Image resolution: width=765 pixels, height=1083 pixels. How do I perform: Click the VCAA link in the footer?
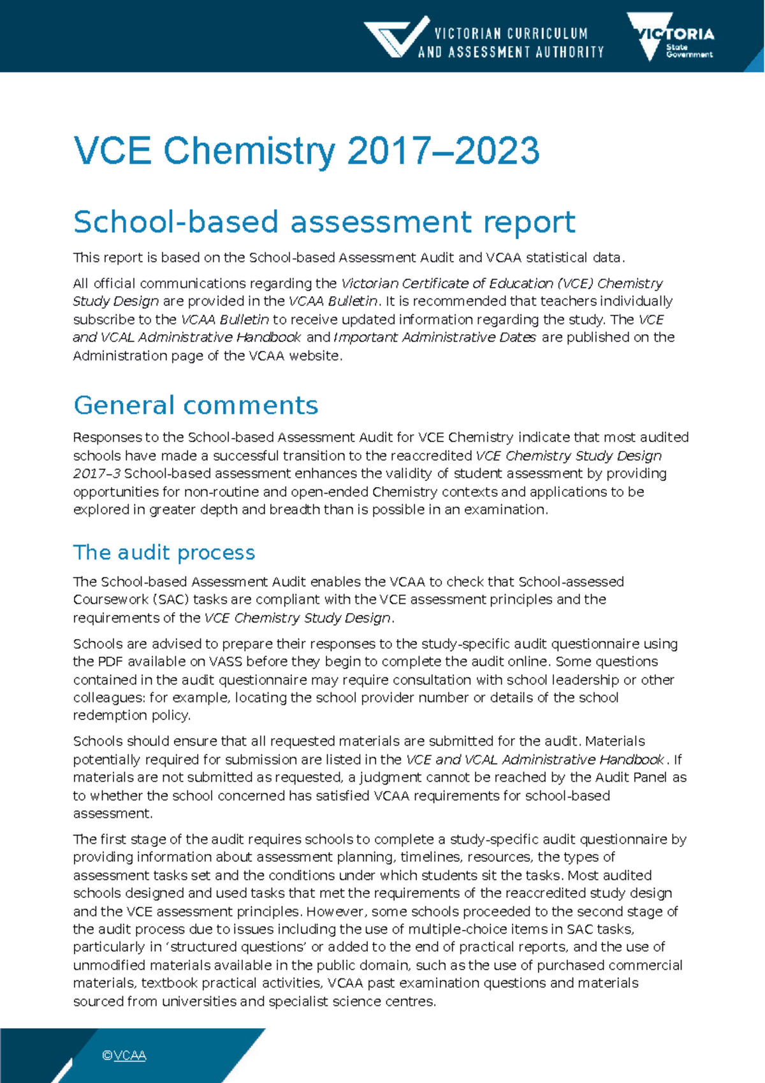pos(130,1056)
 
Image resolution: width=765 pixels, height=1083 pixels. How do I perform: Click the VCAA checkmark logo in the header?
pos(397,37)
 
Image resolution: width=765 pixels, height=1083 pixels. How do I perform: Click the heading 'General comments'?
pos(196,406)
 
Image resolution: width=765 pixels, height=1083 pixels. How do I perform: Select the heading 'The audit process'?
pos(164,552)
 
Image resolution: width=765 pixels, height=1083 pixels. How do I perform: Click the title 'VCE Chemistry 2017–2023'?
pos(307,151)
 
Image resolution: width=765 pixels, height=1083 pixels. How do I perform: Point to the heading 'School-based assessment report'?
pos(324,222)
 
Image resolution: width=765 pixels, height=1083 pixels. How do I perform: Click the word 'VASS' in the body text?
pos(225,661)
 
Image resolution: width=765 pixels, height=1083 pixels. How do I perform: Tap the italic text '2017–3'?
pos(96,473)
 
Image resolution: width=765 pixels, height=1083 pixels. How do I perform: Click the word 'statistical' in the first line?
pos(556,258)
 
